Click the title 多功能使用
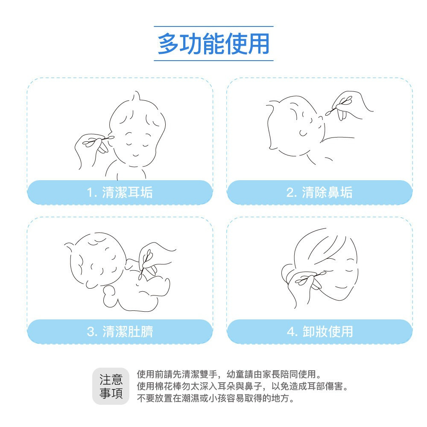coord(213,44)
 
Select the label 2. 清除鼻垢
coord(319,193)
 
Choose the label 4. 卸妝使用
coord(319,331)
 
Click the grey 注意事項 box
coord(111,386)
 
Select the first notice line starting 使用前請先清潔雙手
coord(228,374)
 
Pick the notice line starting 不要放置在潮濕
coord(216,398)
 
